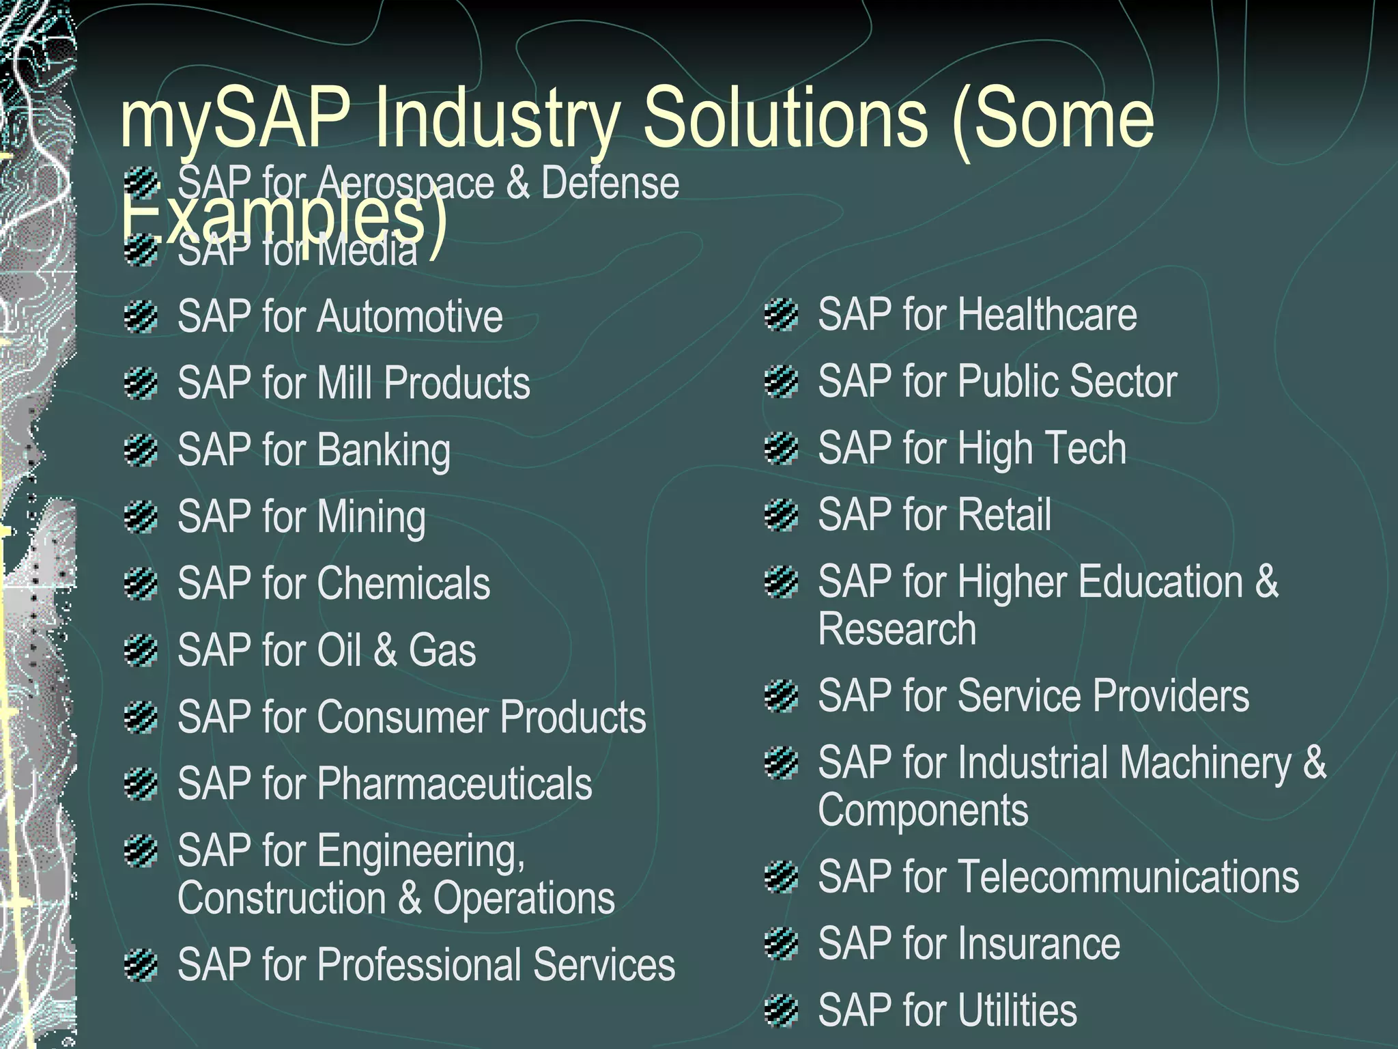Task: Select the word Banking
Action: point(383,451)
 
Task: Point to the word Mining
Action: point(371,517)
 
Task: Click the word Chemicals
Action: point(403,583)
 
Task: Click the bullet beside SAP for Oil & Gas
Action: point(141,650)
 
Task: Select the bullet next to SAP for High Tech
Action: point(782,449)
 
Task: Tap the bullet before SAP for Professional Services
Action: point(141,964)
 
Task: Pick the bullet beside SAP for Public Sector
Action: point(782,381)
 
